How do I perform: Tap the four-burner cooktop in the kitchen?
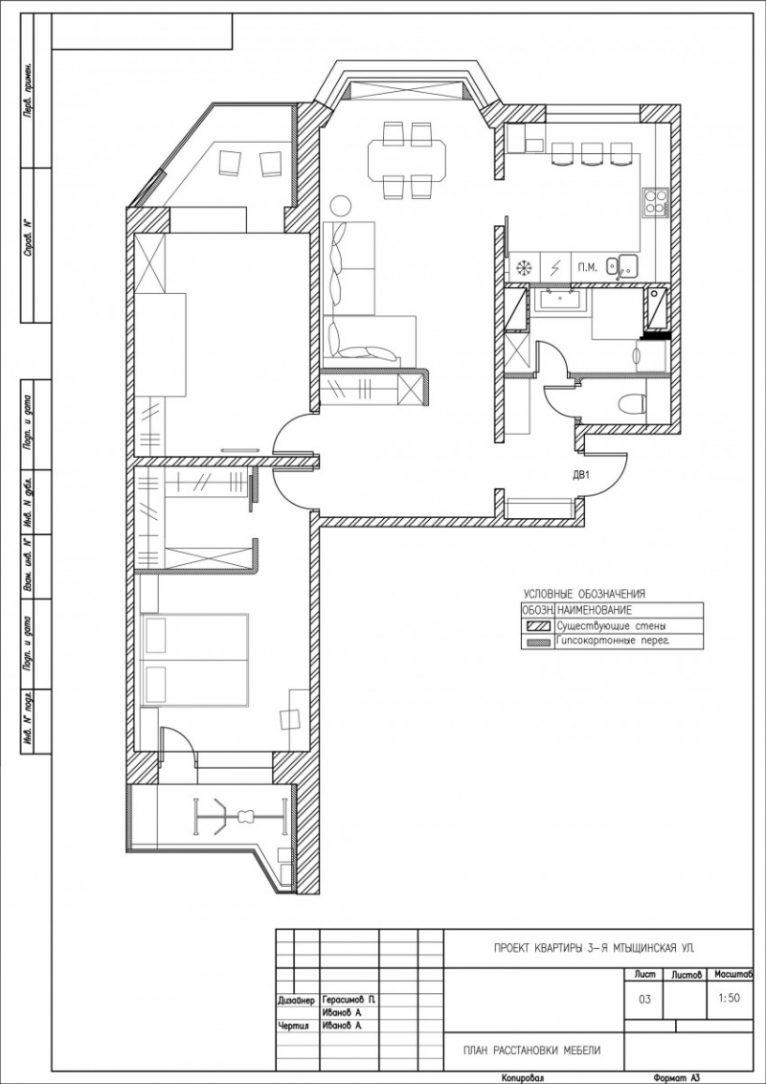(656, 202)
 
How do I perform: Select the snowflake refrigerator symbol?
(524, 267)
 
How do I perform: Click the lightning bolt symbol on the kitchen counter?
(555, 267)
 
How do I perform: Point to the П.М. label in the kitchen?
(586, 267)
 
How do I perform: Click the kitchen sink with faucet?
(628, 265)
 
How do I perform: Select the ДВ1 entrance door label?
(580, 473)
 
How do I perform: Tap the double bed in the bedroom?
(195, 660)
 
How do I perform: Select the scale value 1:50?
(729, 996)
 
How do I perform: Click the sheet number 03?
(643, 999)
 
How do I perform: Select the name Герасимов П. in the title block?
(349, 999)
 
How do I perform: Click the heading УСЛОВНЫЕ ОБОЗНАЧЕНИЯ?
(584, 594)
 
